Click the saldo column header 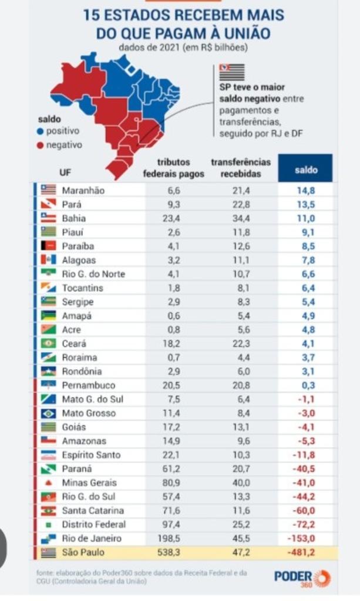(x=305, y=170)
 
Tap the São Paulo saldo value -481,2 (x=302, y=552)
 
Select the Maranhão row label (x=82, y=190)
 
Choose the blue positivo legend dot (x=40, y=131)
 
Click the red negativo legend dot (x=40, y=145)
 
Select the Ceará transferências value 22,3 (x=241, y=344)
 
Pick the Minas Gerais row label (x=89, y=483)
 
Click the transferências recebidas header (x=241, y=168)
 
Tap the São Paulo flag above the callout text (x=231, y=72)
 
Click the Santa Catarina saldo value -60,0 (x=304, y=511)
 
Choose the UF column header (x=65, y=173)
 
